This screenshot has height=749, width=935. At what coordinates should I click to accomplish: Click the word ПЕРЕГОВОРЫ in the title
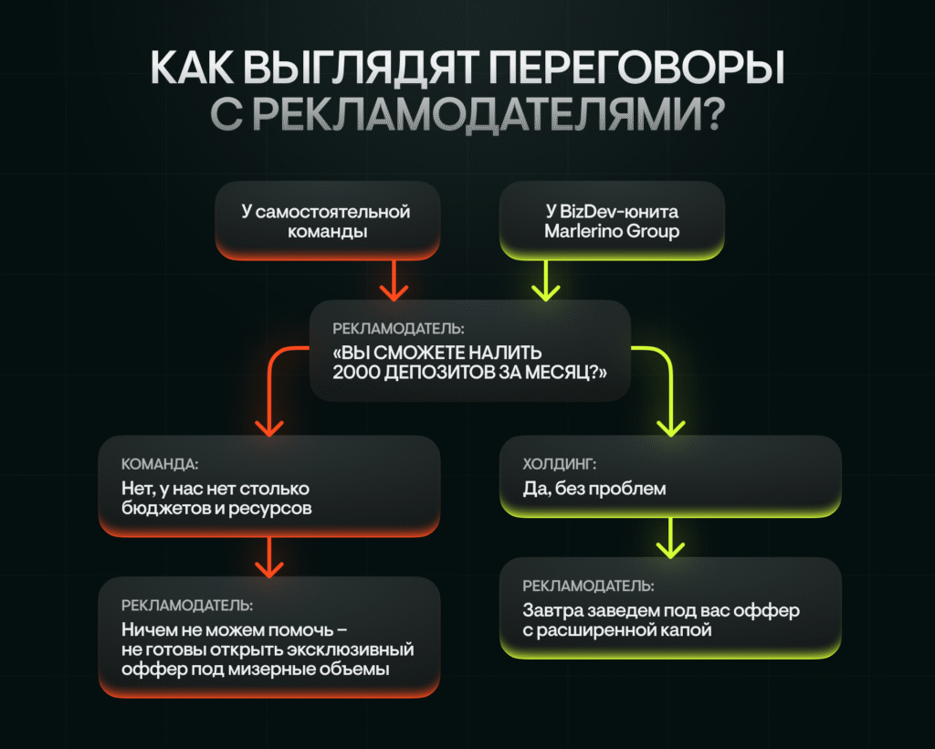(x=636, y=68)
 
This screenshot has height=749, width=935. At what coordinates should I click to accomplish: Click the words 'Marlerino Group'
(x=612, y=231)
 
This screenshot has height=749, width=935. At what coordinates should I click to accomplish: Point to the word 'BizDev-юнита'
(x=620, y=211)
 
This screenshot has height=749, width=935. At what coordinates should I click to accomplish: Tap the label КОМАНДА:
(x=160, y=464)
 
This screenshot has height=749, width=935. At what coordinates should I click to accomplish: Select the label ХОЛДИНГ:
(x=560, y=464)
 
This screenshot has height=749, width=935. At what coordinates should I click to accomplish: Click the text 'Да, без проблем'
(x=594, y=489)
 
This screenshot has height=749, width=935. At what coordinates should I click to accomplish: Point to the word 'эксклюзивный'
(x=351, y=649)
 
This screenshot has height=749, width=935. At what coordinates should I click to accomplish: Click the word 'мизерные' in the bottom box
(x=271, y=670)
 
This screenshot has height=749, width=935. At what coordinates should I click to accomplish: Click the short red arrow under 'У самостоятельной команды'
(x=394, y=280)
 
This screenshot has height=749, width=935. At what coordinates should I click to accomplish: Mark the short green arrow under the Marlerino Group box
(x=546, y=280)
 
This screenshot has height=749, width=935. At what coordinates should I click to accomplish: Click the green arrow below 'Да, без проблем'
(x=670, y=538)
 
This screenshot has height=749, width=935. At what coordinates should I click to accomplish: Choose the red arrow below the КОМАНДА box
(x=269, y=557)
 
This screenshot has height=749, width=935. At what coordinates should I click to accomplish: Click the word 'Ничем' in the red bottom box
(x=142, y=629)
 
